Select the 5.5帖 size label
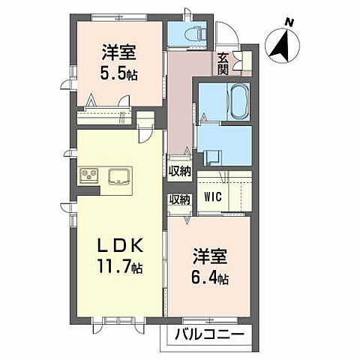[119, 74]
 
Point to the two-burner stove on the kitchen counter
[90, 177]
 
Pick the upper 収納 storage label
[179, 171]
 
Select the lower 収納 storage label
[179, 199]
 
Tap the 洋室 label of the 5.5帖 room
[119, 53]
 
